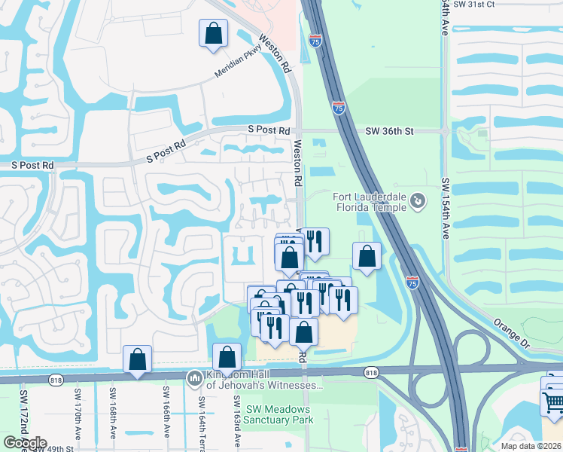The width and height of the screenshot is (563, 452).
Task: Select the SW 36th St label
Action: (x=390, y=131)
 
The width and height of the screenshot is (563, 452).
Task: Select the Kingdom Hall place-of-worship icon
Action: (x=195, y=377)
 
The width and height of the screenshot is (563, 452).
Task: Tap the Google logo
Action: (x=25, y=443)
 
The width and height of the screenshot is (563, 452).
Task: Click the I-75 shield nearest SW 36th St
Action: (x=339, y=109)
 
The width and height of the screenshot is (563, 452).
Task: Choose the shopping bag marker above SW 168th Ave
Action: (x=137, y=360)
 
